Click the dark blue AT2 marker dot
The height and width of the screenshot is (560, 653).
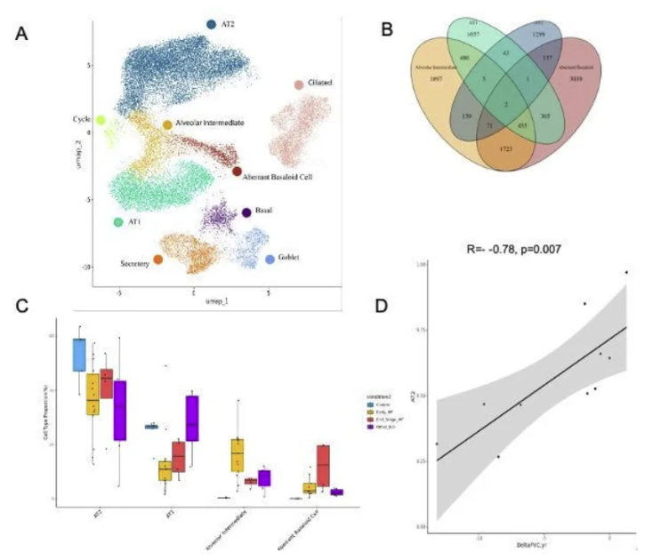212,24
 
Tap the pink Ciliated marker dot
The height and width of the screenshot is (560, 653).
299,85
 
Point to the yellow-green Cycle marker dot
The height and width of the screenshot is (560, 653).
101,120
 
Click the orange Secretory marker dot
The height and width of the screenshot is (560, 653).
157,260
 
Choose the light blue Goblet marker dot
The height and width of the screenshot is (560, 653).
270,260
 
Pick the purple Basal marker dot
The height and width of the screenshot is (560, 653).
246,212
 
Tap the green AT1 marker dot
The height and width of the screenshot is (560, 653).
117,221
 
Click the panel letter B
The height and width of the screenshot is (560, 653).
386,30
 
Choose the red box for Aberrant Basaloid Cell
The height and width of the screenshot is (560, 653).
323,465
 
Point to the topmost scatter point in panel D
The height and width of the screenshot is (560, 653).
626,273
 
